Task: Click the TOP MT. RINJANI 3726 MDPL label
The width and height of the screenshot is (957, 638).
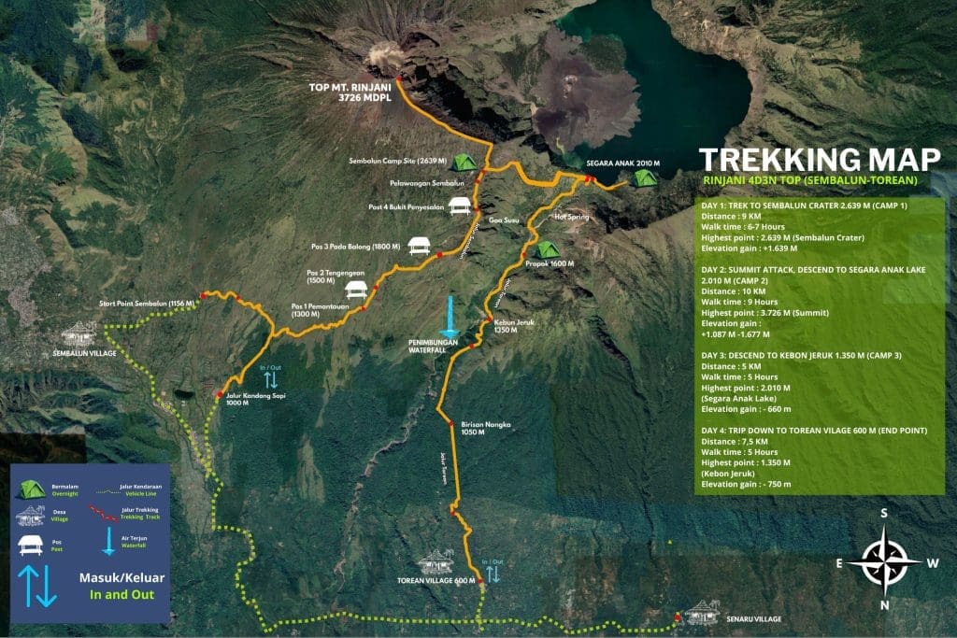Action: tap(349, 92)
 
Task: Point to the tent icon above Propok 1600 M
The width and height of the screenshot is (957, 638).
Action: tap(545, 249)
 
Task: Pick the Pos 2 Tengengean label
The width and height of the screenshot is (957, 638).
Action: tap(335, 276)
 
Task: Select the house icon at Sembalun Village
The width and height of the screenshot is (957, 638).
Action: tap(79, 333)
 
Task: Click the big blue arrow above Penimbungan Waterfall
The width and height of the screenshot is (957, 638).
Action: tap(450, 318)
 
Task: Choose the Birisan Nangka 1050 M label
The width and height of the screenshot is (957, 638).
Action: tap(485, 428)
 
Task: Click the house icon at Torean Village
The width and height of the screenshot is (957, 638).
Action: tap(436, 562)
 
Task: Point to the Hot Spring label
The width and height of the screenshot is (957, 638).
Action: tap(573, 217)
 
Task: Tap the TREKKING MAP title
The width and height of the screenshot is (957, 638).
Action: tap(807, 158)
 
